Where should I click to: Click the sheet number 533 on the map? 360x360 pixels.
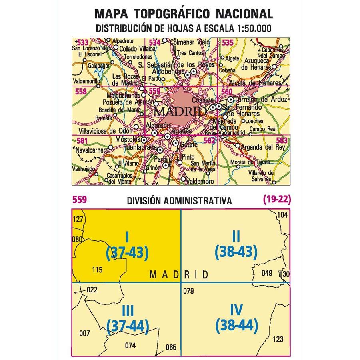click(83, 42)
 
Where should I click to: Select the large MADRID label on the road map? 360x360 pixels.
click(180, 111)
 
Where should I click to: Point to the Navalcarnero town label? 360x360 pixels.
click(92, 150)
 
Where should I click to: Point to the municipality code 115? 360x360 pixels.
click(97, 270)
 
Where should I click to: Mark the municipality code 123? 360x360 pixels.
click(278, 339)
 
